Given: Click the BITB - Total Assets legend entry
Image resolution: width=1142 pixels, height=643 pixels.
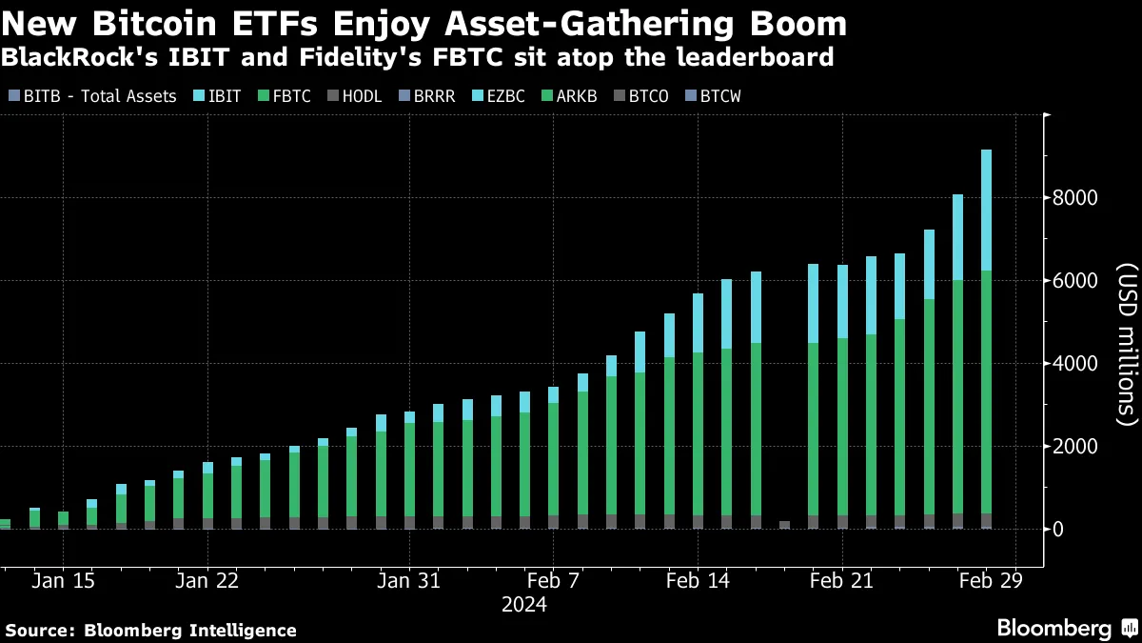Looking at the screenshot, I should [x=91, y=96].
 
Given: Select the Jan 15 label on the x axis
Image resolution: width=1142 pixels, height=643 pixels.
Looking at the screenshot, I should [x=64, y=580].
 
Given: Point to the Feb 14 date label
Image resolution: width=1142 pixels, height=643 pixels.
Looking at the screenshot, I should [x=698, y=580].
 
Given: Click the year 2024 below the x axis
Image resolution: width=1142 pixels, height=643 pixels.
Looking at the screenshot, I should [x=523, y=604].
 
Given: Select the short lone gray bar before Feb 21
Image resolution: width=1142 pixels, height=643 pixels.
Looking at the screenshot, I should [x=784, y=525].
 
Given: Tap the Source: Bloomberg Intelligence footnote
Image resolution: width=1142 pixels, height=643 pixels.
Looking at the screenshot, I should [x=151, y=631].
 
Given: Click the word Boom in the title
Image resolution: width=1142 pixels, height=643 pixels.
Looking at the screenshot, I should [x=798, y=22].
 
